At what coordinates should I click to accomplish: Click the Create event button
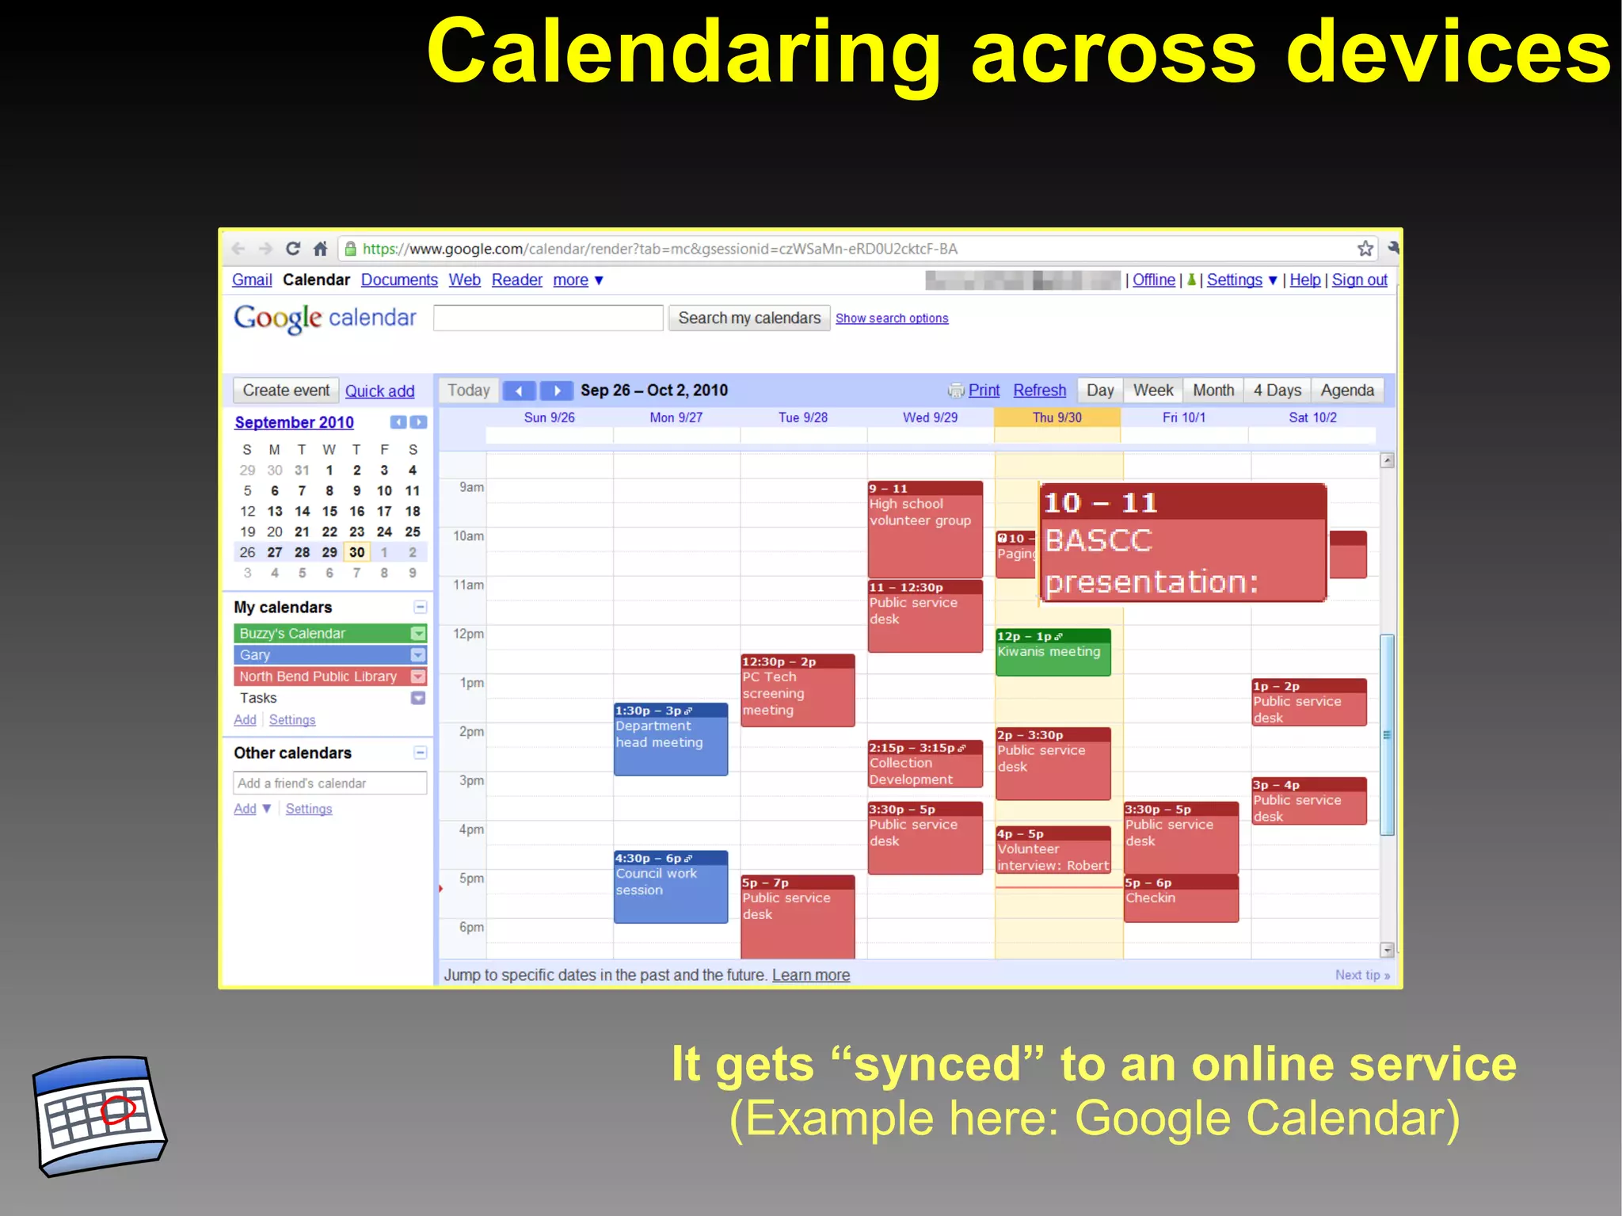286,391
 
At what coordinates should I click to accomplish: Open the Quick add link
379,391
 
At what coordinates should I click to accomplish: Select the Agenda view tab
1346,391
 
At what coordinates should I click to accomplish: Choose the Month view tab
1213,391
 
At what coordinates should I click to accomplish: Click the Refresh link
1039,391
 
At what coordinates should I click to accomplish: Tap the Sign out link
1359,280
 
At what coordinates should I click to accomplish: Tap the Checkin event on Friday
1180,899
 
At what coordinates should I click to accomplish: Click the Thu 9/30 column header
1057,417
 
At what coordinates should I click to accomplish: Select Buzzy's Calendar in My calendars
321,634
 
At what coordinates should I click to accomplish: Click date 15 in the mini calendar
329,512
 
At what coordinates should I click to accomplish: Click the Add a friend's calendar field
329,783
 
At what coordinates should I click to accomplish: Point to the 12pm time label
468,635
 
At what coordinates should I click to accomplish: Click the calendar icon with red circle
99,1115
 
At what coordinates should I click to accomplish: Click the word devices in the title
1448,52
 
